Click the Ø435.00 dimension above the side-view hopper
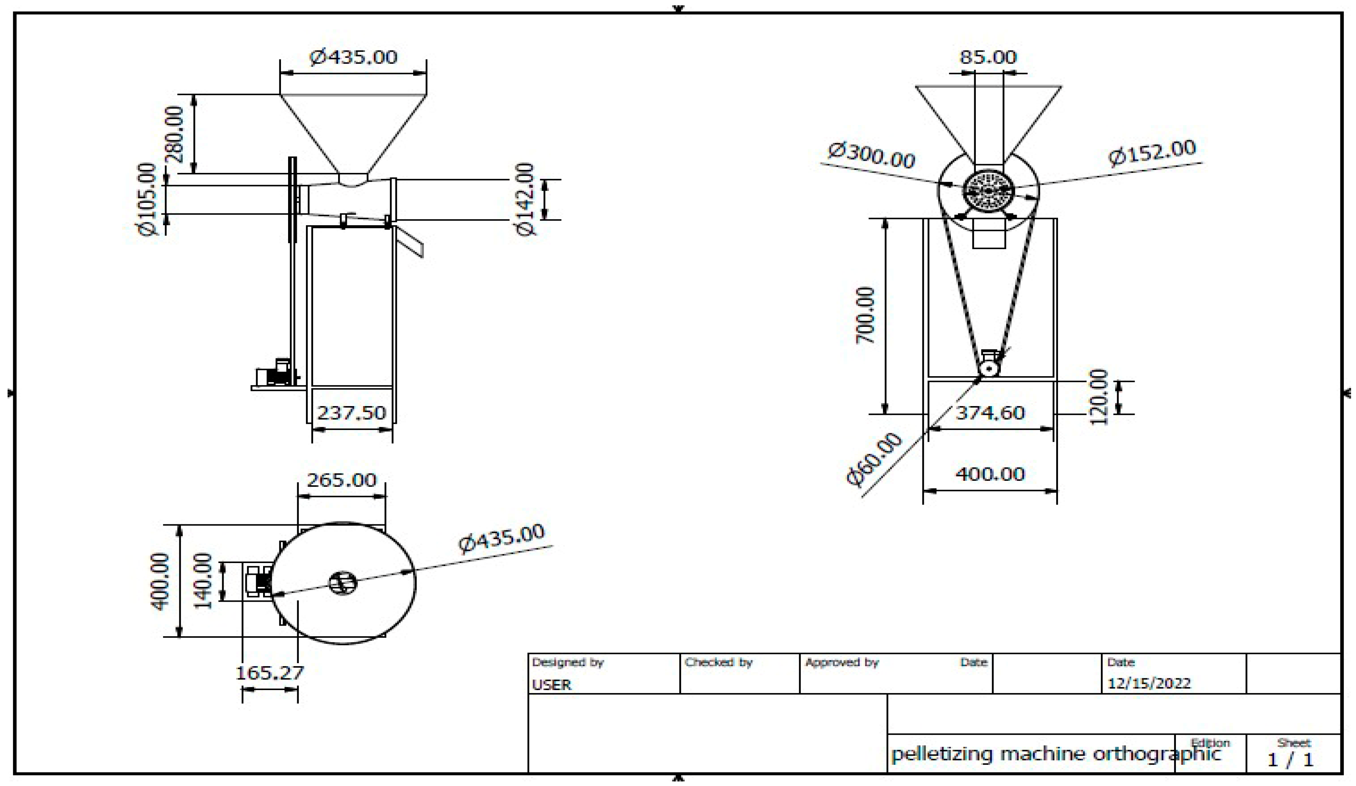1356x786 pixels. coord(354,56)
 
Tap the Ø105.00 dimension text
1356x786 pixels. coord(147,199)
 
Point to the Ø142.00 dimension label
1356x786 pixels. coord(526,199)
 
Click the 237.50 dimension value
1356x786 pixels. coord(351,413)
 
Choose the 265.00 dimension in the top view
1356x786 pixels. coord(342,480)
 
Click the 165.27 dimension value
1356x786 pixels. coord(270,672)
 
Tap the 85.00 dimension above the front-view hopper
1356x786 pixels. coord(989,57)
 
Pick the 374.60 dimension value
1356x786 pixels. coord(990,413)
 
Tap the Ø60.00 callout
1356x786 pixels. coord(874,459)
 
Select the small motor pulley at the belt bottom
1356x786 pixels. coord(988,368)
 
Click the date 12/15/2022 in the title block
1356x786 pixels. coord(1149,684)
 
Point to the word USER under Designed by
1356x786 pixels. coord(552,685)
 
